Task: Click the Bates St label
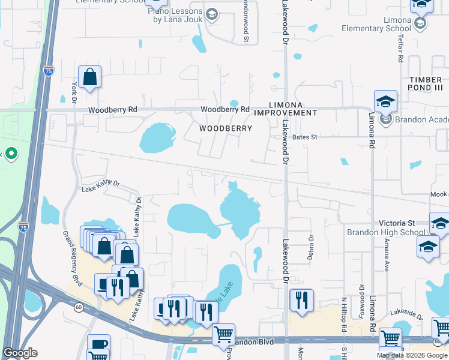pyautogui.click(x=304, y=137)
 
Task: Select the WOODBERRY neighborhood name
pyautogui.click(x=225, y=128)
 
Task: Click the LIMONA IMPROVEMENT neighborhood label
pyautogui.click(x=285, y=109)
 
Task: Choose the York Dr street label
pyautogui.click(x=75, y=92)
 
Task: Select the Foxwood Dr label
pyautogui.click(x=362, y=309)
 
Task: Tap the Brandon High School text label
pyautogui.click(x=386, y=232)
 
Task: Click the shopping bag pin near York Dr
pyautogui.click(x=89, y=77)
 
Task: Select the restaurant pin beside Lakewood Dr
pyautogui.click(x=302, y=300)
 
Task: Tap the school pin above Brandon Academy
pyautogui.click(x=386, y=101)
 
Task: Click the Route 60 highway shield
pyautogui.click(x=79, y=307)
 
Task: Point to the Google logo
pyautogui.click(x=20, y=353)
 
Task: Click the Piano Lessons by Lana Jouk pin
pyautogui.click(x=212, y=14)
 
